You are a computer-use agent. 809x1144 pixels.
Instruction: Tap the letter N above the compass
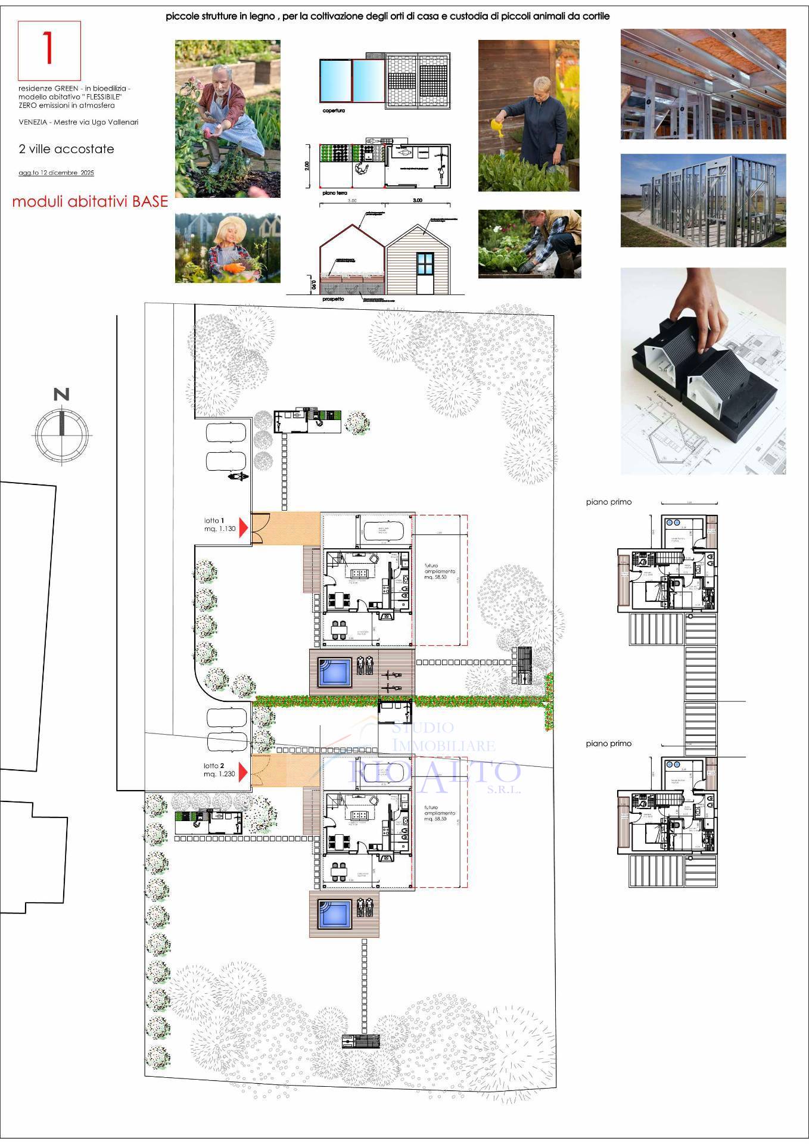(61, 394)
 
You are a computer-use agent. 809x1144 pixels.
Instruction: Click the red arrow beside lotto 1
(243, 528)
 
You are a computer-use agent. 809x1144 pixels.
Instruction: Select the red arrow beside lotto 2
(243, 770)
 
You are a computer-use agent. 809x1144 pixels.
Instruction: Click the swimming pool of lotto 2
(334, 914)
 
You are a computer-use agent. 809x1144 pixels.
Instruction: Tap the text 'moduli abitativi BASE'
(90, 201)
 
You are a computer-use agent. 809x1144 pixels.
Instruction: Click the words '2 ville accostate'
(66, 149)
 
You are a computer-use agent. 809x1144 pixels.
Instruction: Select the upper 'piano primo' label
(608, 502)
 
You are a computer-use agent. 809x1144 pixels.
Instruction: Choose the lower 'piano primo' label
(608, 744)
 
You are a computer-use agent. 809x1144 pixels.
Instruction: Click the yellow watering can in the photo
(497, 126)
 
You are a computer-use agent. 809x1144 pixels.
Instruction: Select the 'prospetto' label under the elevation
(332, 299)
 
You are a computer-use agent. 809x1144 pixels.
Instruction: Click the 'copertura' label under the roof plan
(333, 111)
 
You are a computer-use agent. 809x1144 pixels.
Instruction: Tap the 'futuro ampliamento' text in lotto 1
(440, 571)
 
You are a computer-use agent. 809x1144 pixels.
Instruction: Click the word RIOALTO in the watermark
(435, 772)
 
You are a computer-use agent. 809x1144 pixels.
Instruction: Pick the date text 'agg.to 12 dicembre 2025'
(56, 173)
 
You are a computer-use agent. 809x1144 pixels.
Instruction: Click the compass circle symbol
(61, 431)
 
